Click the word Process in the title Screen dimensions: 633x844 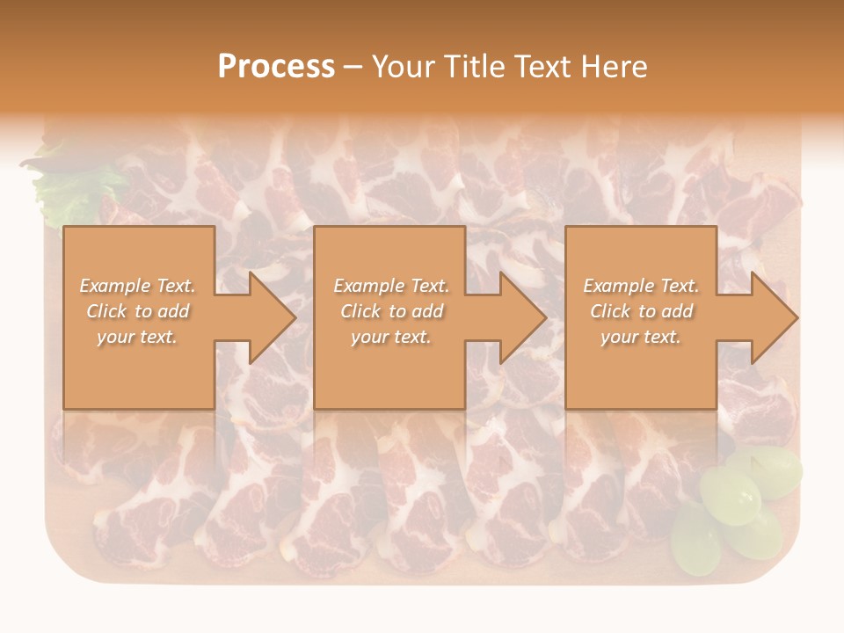click(x=276, y=67)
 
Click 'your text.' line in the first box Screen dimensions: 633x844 click(x=137, y=337)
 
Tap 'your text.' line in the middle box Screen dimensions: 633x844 click(x=391, y=337)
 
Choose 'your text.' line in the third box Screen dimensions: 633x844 click(x=641, y=337)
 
